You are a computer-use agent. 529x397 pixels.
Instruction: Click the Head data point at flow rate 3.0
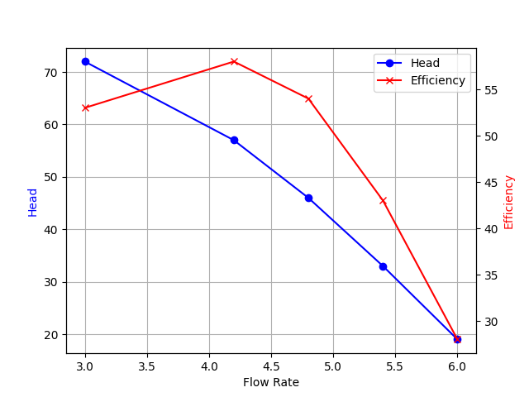(x=85, y=61)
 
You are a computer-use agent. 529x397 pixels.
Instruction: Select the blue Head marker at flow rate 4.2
(x=234, y=140)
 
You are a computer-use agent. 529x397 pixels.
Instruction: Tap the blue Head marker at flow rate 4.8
(x=308, y=198)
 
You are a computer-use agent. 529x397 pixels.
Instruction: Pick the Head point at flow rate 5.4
(x=383, y=266)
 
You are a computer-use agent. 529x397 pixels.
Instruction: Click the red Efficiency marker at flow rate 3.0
(x=85, y=108)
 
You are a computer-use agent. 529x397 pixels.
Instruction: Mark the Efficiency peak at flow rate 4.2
(x=234, y=61)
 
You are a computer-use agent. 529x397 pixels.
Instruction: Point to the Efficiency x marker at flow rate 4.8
(x=308, y=98)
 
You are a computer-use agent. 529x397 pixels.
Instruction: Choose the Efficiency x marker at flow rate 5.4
(x=383, y=200)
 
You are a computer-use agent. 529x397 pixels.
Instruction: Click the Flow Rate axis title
(x=271, y=382)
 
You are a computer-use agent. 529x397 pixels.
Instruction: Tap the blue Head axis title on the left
(x=33, y=202)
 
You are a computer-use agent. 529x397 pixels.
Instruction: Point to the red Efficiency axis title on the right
(x=509, y=202)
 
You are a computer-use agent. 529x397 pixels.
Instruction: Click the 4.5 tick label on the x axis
(x=271, y=366)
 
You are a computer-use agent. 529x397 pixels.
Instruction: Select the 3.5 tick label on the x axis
(x=147, y=366)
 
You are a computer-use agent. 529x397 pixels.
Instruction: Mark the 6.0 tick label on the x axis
(x=457, y=366)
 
